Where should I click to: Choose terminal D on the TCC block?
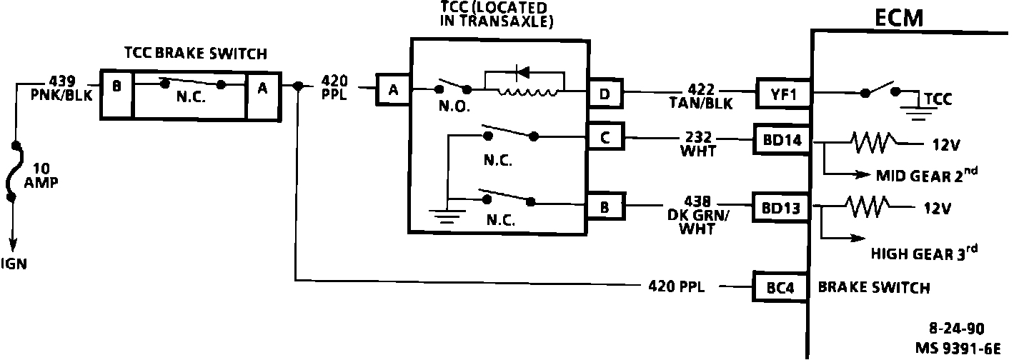click(x=605, y=93)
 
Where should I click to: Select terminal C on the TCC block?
click(x=605, y=138)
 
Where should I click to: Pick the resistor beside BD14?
click(x=870, y=144)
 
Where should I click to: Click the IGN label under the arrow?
click(x=14, y=264)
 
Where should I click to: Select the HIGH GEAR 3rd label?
click(x=924, y=253)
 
